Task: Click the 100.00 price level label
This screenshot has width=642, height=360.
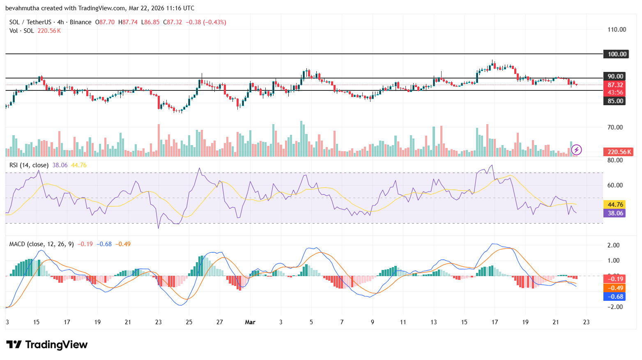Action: pos(616,54)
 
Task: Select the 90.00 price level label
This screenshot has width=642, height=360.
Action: pos(615,76)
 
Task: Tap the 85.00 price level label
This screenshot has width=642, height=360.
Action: pos(615,101)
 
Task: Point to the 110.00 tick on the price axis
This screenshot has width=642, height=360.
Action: pos(617,30)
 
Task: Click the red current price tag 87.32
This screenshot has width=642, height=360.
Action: pos(615,85)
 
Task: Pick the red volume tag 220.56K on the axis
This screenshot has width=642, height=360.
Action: pos(619,152)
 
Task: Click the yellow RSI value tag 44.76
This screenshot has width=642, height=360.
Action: pos(615,204)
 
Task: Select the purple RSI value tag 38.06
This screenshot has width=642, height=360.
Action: pos(615,213)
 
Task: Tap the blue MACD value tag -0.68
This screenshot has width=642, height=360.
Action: pos(615,296)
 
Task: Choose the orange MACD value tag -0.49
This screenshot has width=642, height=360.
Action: pos(615,288)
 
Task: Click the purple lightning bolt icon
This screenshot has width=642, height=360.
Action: pos(576,150)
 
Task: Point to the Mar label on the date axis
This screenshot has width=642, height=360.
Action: pos(250,322)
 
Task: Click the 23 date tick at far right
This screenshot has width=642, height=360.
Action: pos(586,322)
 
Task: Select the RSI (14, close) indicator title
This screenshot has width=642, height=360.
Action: pos(29,165)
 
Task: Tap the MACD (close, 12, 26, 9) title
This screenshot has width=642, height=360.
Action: pos(41,244)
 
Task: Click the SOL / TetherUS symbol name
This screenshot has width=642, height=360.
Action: pos(30,22)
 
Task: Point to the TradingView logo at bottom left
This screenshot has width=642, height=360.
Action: pos(47,344)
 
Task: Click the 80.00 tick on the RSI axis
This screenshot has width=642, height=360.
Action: pos(615,160)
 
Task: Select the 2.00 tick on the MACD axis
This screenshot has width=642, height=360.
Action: pos(613,245)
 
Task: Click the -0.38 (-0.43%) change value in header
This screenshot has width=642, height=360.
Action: pos(206,22)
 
